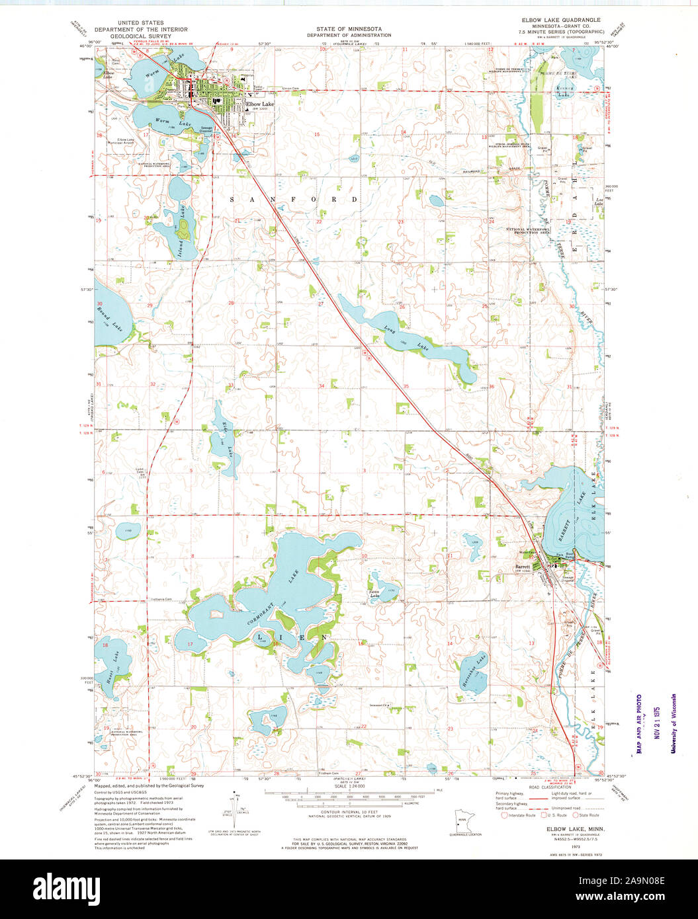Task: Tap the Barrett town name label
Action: point(524,567)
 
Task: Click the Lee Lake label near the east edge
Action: point(599,201)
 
